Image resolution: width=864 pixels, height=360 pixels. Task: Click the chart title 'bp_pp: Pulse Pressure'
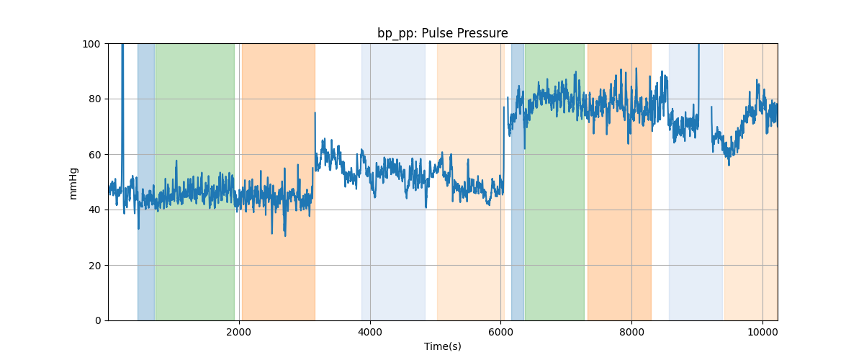pos(442,33)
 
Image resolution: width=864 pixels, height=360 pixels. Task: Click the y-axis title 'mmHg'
pos(73,184)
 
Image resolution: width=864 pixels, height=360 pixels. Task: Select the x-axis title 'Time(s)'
pos(442,346)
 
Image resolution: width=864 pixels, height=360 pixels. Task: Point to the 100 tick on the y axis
pos(91,44)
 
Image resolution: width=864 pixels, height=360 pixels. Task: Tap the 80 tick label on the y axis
pos(94,99)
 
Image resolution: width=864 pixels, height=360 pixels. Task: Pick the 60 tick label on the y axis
pos(94,155)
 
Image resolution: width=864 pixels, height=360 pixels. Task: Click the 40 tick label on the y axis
pos(94,210)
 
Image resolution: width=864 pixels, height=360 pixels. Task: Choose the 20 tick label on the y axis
pos(94,266)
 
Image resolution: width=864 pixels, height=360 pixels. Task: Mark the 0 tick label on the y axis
pos(98,320)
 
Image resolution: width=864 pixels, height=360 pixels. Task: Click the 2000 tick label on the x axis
pos(239,332)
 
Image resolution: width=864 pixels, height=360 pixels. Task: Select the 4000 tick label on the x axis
pos(370,332)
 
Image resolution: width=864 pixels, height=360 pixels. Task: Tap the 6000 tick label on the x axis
pos(500,332)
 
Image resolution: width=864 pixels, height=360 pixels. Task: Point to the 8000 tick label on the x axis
pos(632,332)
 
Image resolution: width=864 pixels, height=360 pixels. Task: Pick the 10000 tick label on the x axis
pos(762,332)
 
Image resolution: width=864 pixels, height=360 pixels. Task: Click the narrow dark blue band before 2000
pos(146,182)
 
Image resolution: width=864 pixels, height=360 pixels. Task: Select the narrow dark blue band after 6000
pos(518,182)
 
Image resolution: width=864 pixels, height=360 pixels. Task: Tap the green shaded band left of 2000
pos(195,182)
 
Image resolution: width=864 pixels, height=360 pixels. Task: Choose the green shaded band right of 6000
pos(554,182)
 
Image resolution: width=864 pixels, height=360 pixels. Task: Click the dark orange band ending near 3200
pos(279,182)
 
